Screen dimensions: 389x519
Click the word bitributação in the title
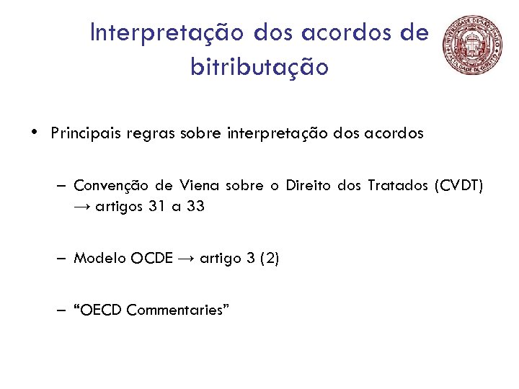pos(259,67)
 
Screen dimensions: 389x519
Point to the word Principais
pos(86,134)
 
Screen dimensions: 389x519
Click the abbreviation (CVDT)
pos(458,186)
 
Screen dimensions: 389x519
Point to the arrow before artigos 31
pos(81,207)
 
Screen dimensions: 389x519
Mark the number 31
pos(156,207)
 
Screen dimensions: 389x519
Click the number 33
pos(195,207)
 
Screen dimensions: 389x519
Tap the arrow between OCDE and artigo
pos(186,258)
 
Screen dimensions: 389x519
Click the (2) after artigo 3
pos(267,258)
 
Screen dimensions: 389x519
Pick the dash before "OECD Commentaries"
pos(64,310)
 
